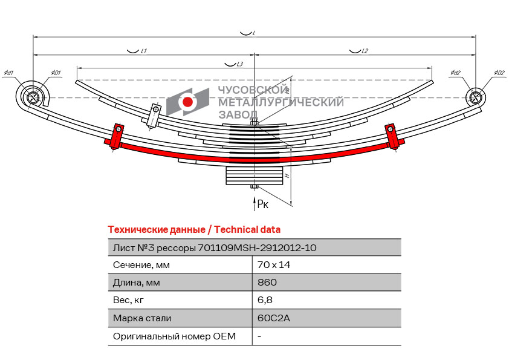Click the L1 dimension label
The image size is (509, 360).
(143, 51)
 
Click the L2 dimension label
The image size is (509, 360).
(364, 51)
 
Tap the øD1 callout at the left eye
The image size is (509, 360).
(56, 73)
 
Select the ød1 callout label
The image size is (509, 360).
(9, 73)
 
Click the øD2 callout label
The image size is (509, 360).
(499, 73)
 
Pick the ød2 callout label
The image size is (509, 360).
(455, 73)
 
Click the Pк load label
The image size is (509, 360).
(262, 205)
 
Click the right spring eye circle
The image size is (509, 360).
(476, 97)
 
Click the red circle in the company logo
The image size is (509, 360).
(187, 102)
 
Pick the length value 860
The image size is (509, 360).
(267, 283)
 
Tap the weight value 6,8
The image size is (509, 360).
(264, 300)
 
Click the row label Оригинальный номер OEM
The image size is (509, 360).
(174, 336)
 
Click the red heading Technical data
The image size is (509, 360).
(247, 229)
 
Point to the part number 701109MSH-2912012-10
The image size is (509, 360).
(257, 247)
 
